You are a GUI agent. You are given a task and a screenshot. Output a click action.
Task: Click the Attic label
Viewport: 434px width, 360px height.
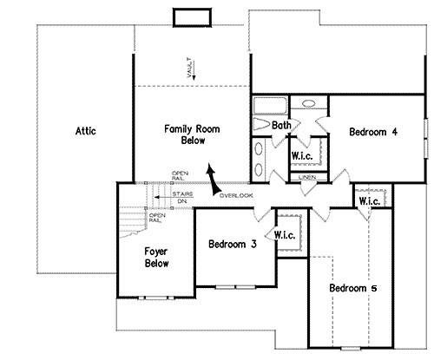pyautogui.click(x=84, y=132)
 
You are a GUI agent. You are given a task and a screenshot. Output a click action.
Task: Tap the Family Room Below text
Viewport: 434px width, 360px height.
pyautogui.click(x=192, y=134)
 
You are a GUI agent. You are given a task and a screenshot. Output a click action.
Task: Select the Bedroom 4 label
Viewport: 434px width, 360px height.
pyautogui.click(x=373, y=132)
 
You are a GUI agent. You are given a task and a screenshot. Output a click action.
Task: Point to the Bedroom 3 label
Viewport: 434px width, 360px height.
pyautogui.click(x=232, y=245)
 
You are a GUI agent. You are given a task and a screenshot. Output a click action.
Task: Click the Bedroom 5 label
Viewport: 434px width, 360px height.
pyautogui.click(x=353, y=287)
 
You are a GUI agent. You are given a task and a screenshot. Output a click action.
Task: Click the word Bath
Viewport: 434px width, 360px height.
pyautogui.click(x=281, y=126)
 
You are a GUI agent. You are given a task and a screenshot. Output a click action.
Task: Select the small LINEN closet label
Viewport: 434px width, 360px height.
pyautogui.click(x=306, y=177)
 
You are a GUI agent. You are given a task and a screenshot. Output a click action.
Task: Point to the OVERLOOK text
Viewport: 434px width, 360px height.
pyautogui.click(x=236, y=195)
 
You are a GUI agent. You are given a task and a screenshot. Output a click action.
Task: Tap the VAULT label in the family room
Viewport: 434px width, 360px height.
pyautogui.click(x=189, y=69)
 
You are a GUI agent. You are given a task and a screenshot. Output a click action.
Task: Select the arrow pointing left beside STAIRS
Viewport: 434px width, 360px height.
pyautogui.click(x=161, y=197)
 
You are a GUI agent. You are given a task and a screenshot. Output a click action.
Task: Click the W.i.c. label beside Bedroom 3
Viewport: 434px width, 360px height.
pyautogui.click(x=286, y=235)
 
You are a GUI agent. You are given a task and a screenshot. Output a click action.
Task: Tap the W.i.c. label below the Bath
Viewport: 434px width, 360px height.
pyautogui.click(x=302, y=156)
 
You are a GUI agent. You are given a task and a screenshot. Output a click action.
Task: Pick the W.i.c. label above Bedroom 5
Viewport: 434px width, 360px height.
pyautogui.click(x=368, y=201)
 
